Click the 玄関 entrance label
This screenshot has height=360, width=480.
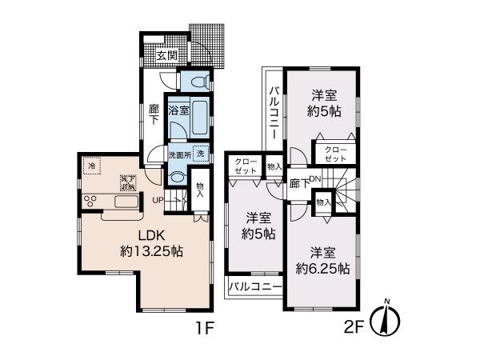point(166,56)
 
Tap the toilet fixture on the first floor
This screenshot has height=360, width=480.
point(200,81)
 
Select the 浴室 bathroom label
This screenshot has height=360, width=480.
point(178,110)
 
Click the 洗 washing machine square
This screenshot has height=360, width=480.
point(202,153)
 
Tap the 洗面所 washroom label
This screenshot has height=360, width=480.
point(178,153)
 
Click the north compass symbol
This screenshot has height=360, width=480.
point(386,319)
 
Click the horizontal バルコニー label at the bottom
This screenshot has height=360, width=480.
point(254,286)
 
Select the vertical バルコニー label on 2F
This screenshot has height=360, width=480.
point(273,113)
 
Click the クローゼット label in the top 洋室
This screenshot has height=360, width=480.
point(336,154)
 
